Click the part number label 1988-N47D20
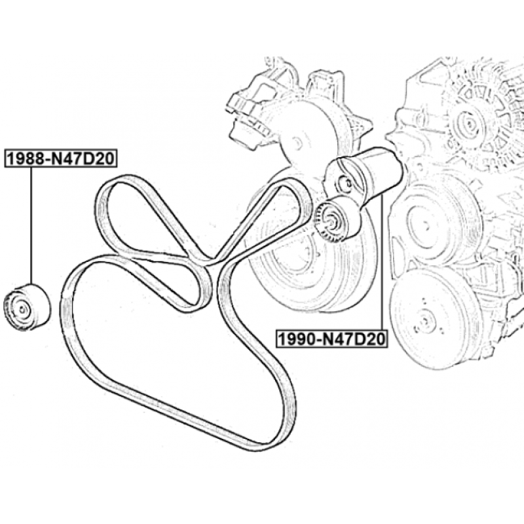[61, 159]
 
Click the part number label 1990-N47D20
[331, 339]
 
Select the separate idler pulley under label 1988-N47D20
[27, 307]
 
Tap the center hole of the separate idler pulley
[22, 310]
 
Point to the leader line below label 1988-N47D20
[31, 226]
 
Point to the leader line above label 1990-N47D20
[382, 263]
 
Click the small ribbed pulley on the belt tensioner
[337, 219]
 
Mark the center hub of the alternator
[469, 124]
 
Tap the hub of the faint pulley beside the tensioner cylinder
[426, 226]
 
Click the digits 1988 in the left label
[25, 159]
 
